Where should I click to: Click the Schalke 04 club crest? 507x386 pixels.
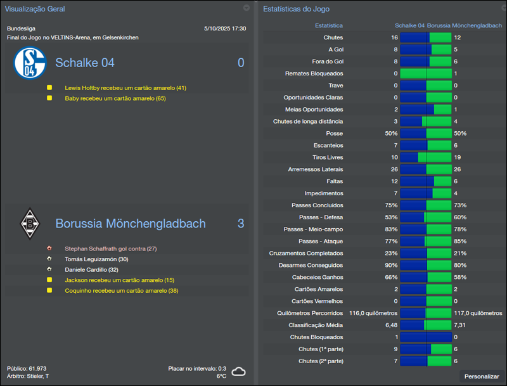[30, 63]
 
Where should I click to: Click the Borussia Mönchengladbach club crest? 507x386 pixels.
[30, 223]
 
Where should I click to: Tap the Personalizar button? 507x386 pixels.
[482, 376]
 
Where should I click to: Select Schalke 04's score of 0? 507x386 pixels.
[241, 63]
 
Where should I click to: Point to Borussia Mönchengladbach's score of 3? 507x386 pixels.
[241, 224]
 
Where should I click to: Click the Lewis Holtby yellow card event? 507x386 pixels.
[125, 88]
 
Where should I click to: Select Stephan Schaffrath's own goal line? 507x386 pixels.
[110, 248]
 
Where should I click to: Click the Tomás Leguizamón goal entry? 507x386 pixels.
[96, 259]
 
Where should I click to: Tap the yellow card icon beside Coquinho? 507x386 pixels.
[49, 290]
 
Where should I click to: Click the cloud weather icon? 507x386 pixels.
[238, 371]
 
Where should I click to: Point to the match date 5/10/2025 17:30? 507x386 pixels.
[225, 29]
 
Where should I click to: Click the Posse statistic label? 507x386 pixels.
[334, 134]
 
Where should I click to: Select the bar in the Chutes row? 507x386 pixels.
[425, 37]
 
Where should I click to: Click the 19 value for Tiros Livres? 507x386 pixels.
[458, 157]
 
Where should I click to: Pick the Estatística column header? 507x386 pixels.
[329, 25]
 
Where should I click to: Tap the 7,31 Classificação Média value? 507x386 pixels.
[461, 325]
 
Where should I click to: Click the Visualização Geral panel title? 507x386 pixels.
[35, 9]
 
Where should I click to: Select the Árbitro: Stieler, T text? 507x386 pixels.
[28, 376]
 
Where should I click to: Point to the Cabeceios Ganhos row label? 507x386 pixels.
[316, 277]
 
